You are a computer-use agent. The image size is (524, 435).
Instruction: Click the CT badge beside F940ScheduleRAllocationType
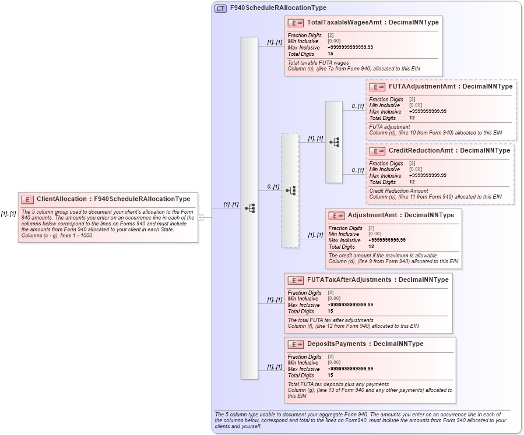point(220,8)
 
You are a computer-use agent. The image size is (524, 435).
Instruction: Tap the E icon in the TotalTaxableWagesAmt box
point(296,23)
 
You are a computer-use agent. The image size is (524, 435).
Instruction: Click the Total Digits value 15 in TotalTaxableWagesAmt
point(330,54)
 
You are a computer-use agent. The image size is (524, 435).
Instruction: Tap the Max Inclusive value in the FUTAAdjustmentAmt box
point(428,111)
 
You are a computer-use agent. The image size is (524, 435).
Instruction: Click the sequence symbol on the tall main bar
point(249,208)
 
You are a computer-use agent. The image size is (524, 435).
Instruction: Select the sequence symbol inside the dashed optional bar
point(290,190)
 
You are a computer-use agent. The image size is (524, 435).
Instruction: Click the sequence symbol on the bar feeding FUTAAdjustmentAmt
point(334,142)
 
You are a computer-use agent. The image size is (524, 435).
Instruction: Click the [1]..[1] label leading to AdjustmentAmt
point(315,235)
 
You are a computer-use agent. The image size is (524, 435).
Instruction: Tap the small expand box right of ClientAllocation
point(201,217)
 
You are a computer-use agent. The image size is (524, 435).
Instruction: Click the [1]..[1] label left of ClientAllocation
point(8,214)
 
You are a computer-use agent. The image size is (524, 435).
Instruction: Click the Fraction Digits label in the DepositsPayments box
point(304,357)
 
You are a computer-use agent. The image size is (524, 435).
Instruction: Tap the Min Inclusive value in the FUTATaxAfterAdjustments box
point(334,299)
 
